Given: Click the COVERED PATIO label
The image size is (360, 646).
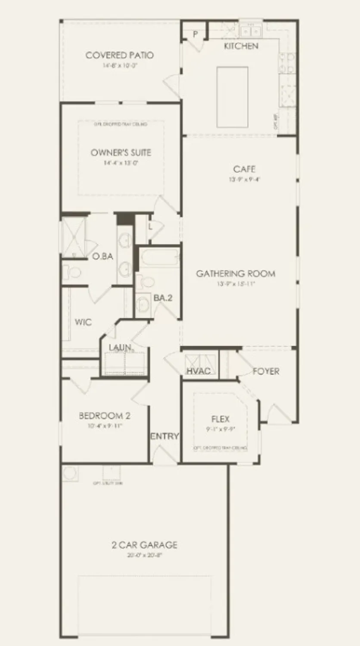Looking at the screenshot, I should tap(119, 56).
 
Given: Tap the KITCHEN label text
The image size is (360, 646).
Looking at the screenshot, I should tap(241, 46).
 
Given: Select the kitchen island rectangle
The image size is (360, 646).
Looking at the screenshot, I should tap(232, 97).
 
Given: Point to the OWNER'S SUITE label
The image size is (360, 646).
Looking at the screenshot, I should tap(121, 153).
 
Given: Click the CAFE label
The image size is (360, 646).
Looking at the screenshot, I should tap(244, 169).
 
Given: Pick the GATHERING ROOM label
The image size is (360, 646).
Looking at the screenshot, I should tap(236, 273).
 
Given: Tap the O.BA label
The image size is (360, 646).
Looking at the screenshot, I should tap(102, 257).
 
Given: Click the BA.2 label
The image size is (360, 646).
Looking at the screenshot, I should tap(163, 298).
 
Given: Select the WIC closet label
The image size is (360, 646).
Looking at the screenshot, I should tap(83, 322).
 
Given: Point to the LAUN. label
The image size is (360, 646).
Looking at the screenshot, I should tap(121, 347).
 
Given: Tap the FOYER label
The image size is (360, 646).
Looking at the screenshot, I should tap(266, 371).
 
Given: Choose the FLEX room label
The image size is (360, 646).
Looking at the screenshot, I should tap(220, 419).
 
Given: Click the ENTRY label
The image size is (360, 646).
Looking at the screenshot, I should tap(164, 436).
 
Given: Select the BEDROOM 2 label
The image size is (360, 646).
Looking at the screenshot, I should tap(105, 416).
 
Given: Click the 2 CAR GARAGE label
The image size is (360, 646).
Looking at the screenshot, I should tap(144, 545).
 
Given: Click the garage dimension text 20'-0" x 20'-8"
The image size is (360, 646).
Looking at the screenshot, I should tap(144, 556).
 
